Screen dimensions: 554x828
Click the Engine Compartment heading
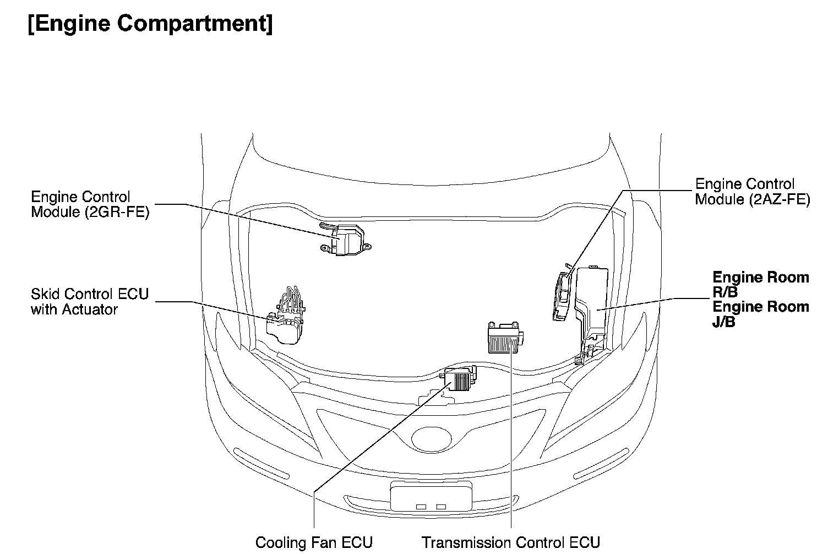click(150, 24)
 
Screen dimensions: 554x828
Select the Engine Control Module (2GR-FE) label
click(90, 204)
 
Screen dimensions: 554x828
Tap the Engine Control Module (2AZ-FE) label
click(752, 192)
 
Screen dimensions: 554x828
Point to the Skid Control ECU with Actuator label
click(90, 301)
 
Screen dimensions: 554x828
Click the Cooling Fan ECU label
click(314, 542)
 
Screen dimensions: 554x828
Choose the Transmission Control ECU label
click(511, 542)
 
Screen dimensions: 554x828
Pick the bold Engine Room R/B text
click(760, 284)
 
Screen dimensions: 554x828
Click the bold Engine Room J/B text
click(760, 314)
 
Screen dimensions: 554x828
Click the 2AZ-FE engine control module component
click(562, 295)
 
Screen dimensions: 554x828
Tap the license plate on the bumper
click(431, 497)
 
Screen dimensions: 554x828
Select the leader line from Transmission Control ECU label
click(511, 441)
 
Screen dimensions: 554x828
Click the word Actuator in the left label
click(90, 309)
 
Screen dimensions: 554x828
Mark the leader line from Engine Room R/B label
click(644, 303)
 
